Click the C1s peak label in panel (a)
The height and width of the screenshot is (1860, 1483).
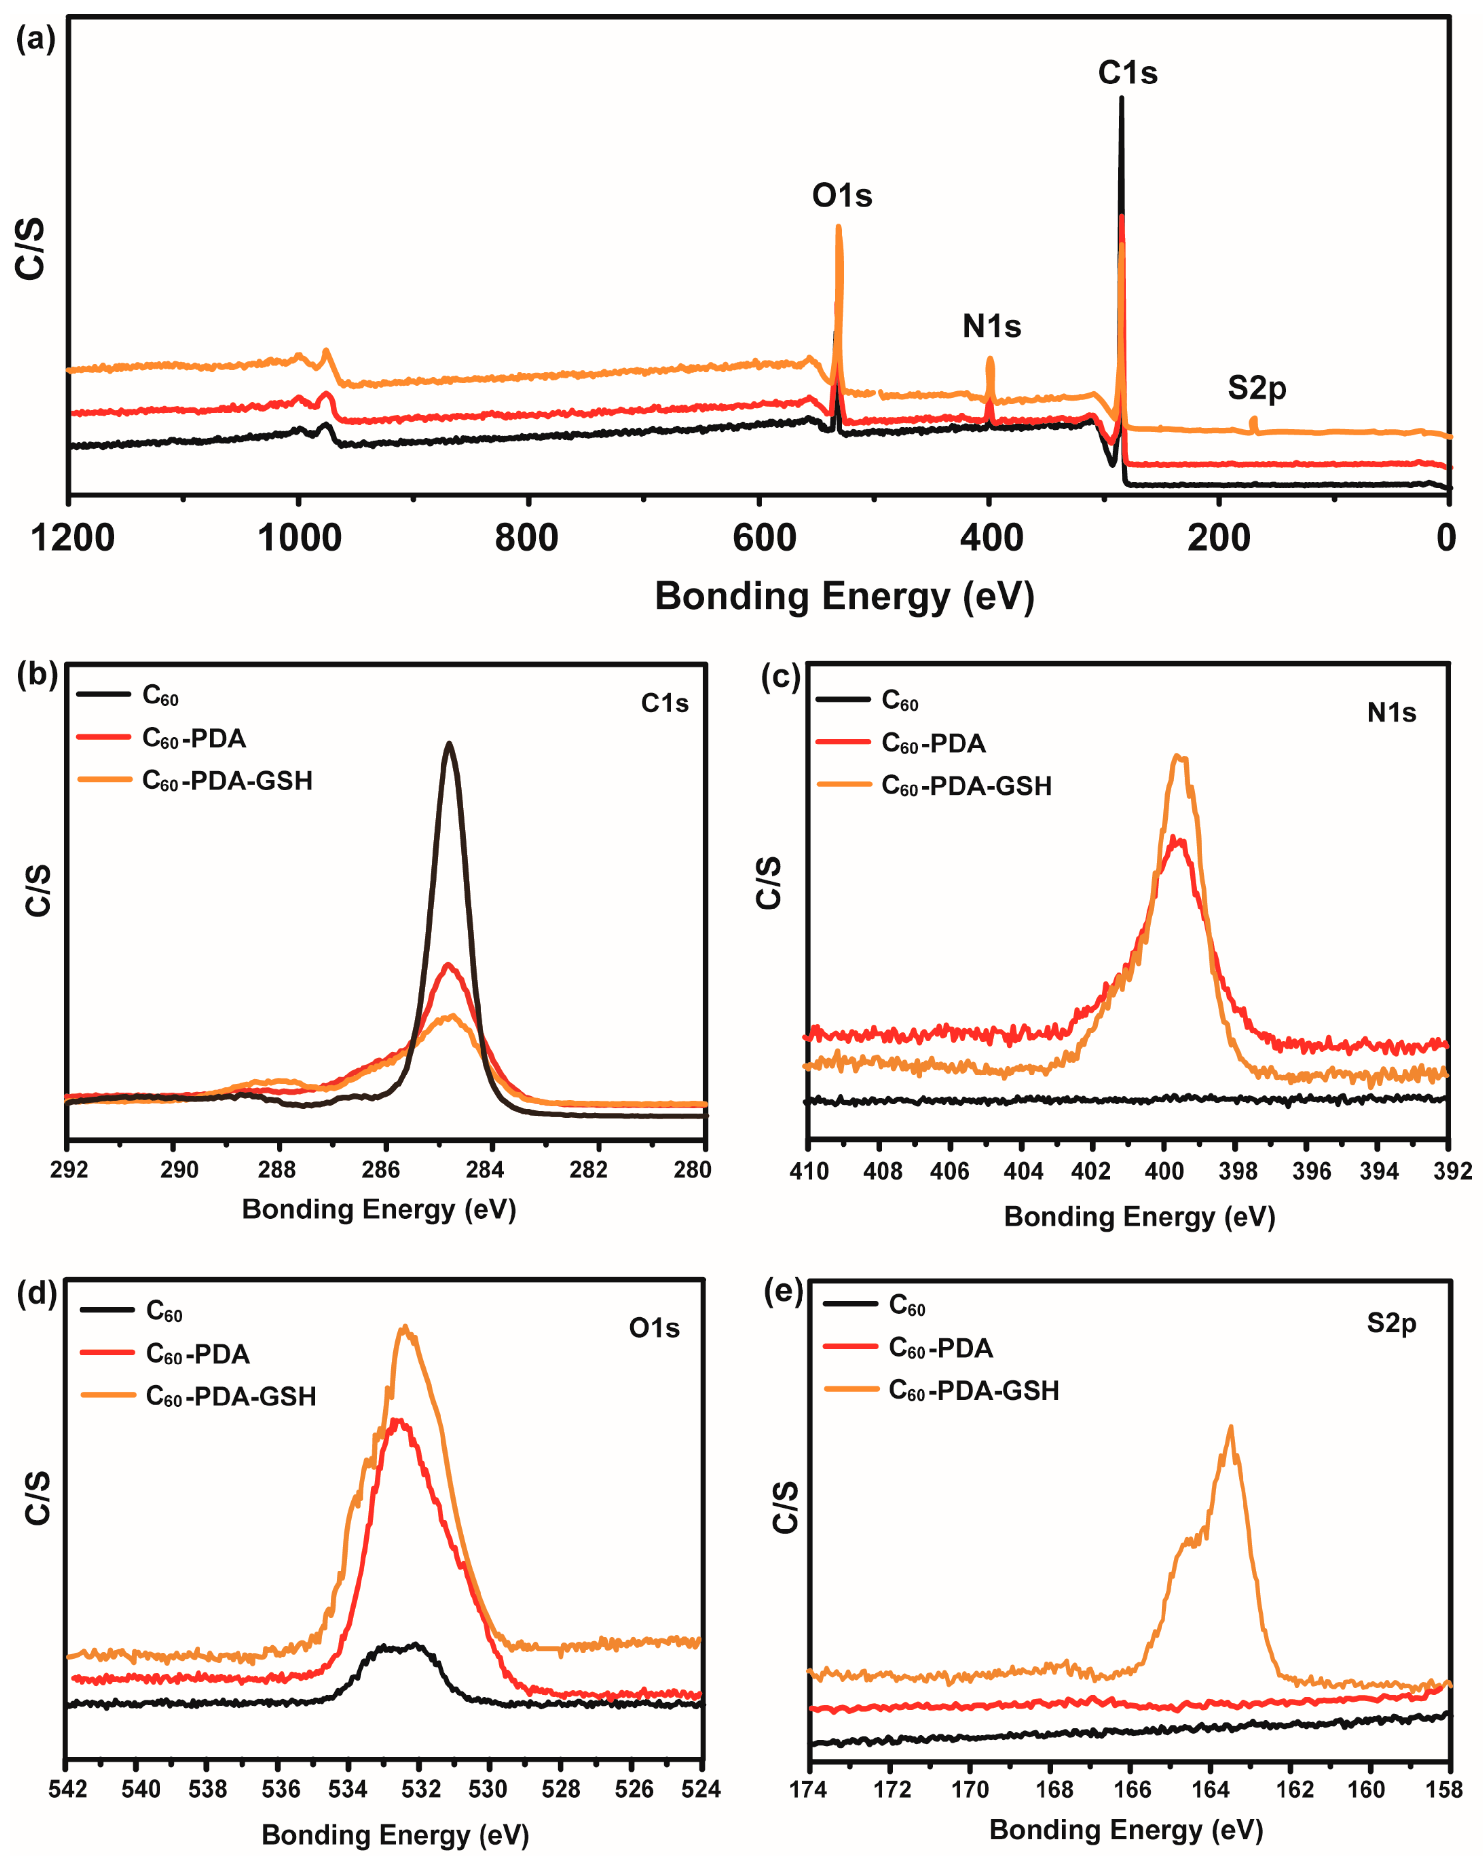pyautogui.click(x=1127, y=73)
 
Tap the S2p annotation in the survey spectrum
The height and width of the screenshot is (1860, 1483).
pyautogui.click(x=1256, y=388)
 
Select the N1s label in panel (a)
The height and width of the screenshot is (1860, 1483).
pyautogui.click(x=992, y=327)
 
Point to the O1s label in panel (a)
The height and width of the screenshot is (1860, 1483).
pyautogui.click(x=842, y=196)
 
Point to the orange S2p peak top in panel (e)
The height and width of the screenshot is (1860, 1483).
pyautogui.click(x=1230, y=1426)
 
